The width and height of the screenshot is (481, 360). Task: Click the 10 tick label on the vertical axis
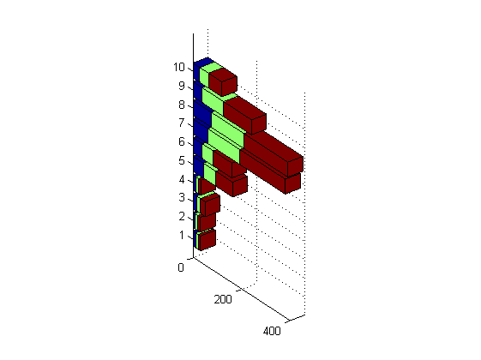[179, 67]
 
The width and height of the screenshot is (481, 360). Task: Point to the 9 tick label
[182, 86]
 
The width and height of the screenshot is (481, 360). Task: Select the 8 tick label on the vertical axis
[182, 105]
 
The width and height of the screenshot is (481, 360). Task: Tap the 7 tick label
[182, 123]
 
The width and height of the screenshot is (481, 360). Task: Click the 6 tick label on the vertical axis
[182, 141]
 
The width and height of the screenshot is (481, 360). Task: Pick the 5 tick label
[182, 160]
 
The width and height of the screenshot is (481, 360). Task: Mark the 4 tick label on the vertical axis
[182, 179]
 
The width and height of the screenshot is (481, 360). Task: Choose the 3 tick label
[182, 197]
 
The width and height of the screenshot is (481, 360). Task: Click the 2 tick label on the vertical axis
[182, 216]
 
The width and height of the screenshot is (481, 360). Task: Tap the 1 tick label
[182, 235]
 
